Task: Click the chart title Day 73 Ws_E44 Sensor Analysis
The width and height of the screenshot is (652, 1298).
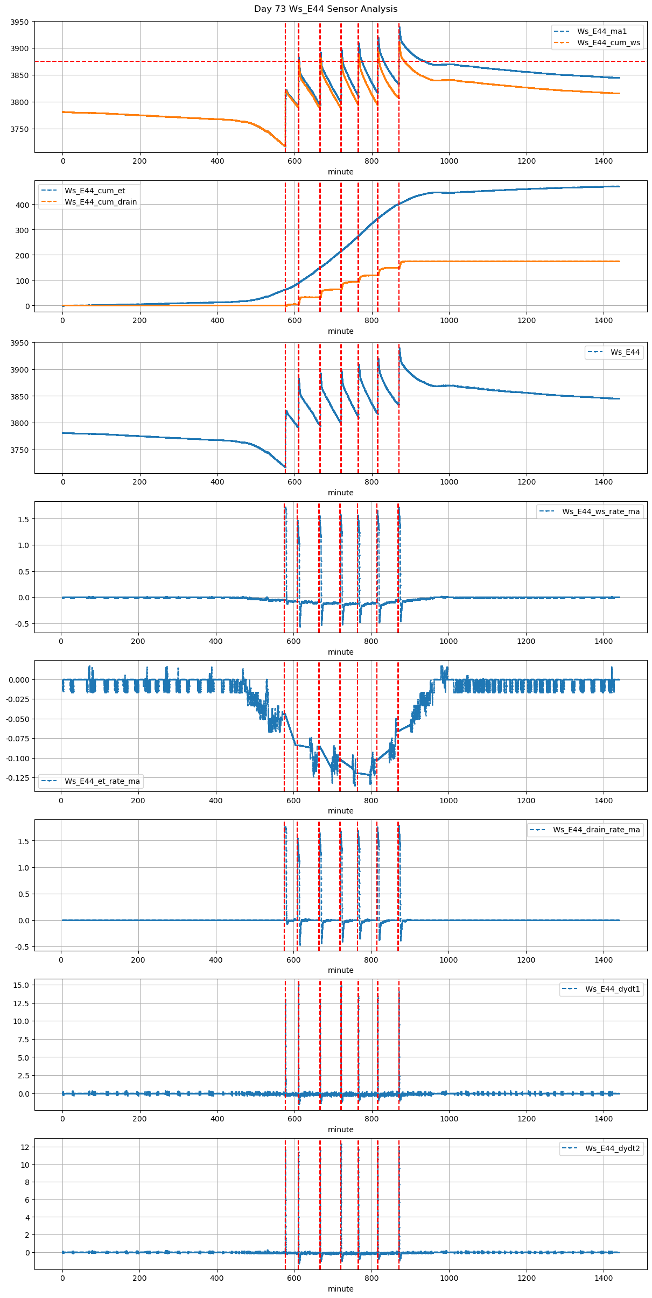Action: (326, 9)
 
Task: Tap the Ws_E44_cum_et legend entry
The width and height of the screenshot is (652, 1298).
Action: (95, 191)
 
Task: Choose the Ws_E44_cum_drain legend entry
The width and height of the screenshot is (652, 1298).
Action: (101, 202)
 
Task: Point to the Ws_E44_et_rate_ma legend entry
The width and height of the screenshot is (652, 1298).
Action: (102, 781)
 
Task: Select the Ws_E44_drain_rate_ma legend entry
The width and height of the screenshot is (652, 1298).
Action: (596, 830)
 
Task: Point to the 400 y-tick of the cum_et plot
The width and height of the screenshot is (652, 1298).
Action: (24, 205)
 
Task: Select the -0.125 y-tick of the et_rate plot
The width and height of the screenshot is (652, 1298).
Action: (18, 777)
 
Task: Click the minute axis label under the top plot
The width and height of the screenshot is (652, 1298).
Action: (341, 172)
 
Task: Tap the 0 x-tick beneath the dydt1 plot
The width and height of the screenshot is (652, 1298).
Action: (62, 1119)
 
